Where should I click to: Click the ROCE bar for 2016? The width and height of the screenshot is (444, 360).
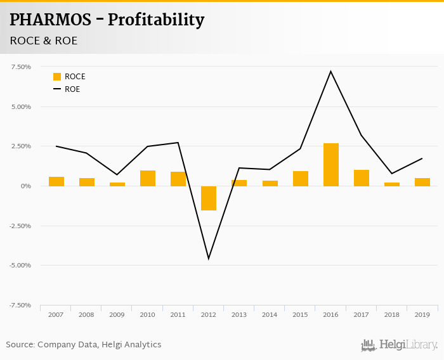(x=330, y=165)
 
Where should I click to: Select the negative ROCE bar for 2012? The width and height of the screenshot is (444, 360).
(x=209, y=198)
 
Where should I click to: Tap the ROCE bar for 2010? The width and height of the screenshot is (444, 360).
(x=148, y=178)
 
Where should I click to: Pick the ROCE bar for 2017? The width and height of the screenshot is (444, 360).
(x=362, y=178)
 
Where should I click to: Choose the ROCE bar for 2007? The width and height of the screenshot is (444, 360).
(x=56, y=181)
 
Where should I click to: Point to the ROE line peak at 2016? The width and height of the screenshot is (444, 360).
(x=330, y=71)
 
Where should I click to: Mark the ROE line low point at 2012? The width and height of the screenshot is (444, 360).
(x=209, y=259)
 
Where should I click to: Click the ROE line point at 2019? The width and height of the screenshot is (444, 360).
(x=422, y=158)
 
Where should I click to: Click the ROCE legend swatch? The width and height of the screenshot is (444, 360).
(x=57, y=77)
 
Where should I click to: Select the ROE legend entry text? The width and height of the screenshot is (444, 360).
(x=72, y=89)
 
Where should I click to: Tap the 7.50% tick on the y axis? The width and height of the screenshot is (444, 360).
(x=21, y=67)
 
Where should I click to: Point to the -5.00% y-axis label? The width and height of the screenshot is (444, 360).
(x=20, y=265)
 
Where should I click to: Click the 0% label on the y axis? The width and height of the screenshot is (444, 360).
(x=25, y=186)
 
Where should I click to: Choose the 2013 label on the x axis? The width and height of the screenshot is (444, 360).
(x=239, y=314)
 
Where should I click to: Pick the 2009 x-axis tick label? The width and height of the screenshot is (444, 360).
(x=117, y=314)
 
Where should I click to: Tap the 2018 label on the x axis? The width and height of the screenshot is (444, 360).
(x=392, y=314)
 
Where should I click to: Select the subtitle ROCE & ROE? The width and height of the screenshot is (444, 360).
(x=44, y=41)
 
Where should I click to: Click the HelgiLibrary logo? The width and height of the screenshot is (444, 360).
(x=399, y=345)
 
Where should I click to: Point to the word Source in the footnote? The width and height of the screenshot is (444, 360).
(x=20, y=345)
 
